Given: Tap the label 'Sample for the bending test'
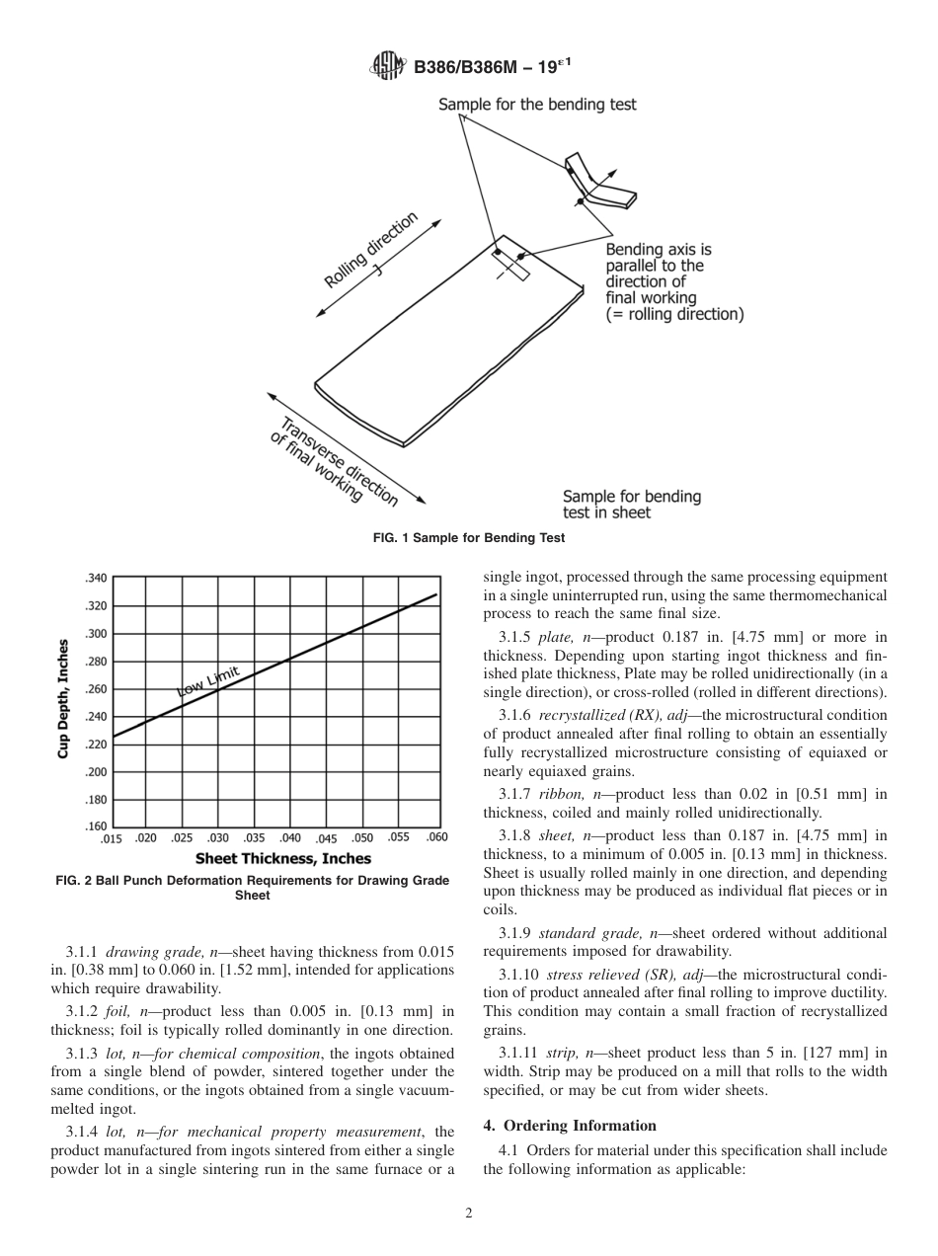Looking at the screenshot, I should click(x=537, y=105).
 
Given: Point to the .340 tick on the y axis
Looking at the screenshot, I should click(x=95, y=578).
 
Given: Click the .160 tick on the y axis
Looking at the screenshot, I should click(x=95, y=825).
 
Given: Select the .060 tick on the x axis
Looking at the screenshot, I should click(x=435, y=837).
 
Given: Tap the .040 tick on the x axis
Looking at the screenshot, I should click(x=290, y=837).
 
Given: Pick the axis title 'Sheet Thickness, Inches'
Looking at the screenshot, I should click(x=282, y=859).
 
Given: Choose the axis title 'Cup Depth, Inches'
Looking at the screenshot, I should click(x=62, y=699).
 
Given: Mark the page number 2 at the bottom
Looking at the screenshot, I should click(x=469, y=1215).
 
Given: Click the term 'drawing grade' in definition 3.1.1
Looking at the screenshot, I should click(x=146, y=952).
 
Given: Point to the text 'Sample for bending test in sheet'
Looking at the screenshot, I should click(x=631, y=504).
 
